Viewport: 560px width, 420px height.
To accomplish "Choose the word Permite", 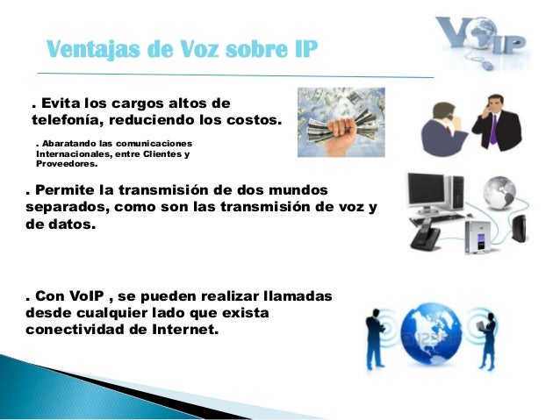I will point(72,190).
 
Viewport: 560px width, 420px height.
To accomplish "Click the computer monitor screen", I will point(427,191).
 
